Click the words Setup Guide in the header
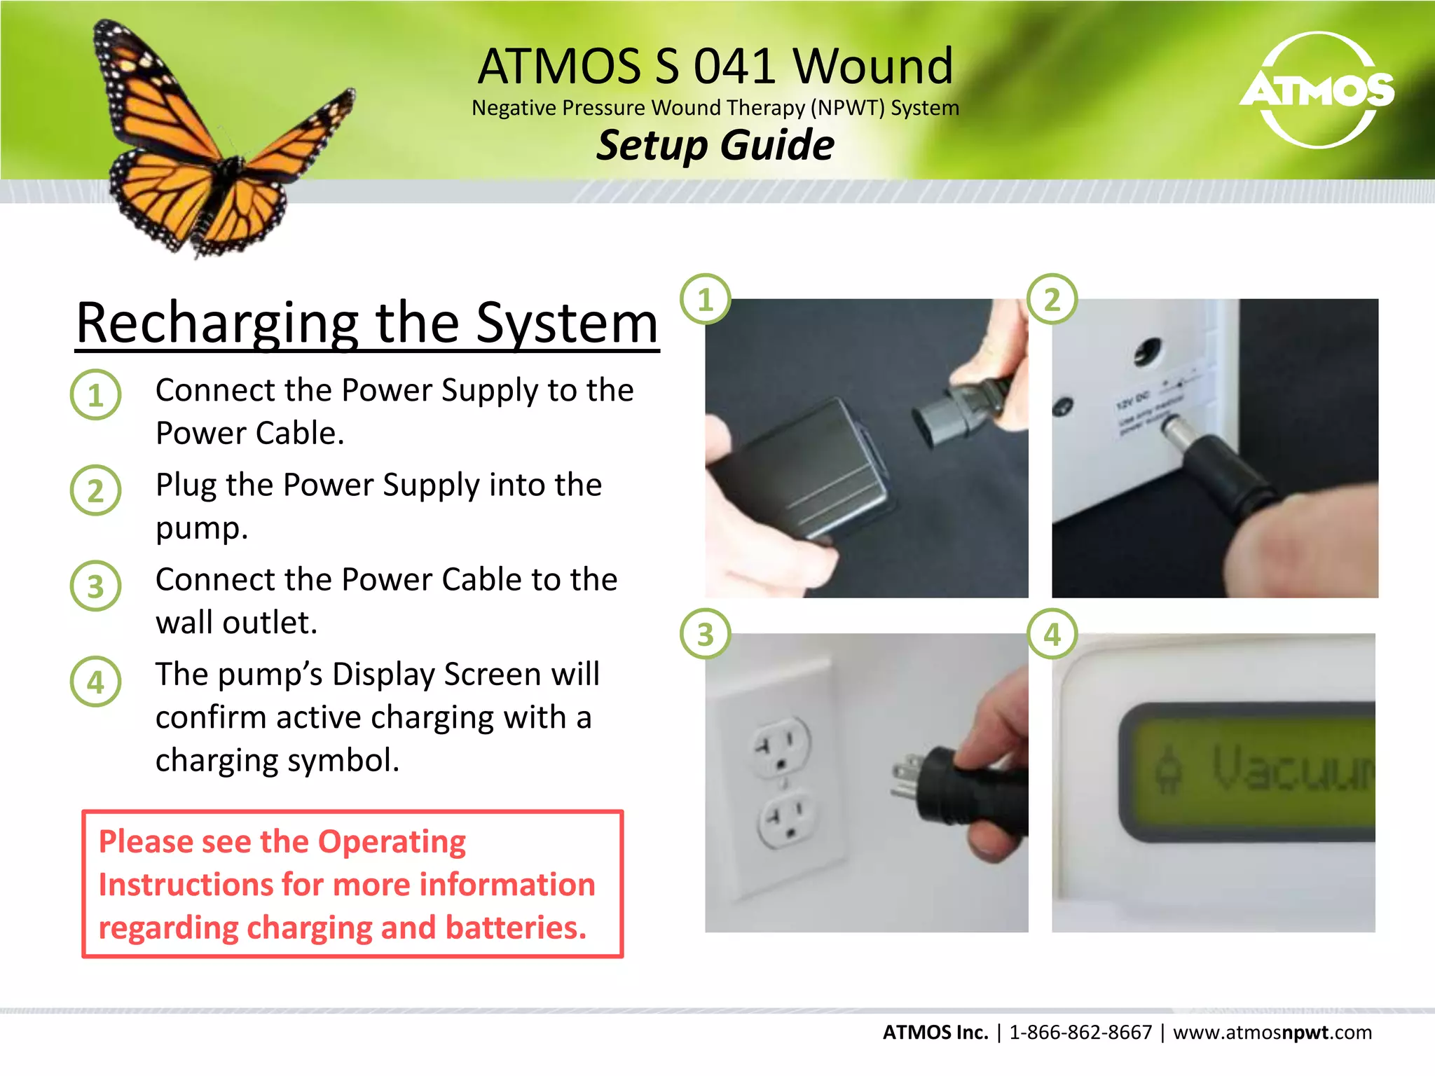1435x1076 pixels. pyautogui.click(x=715, y=145)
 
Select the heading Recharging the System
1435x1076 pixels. pyautogui.click(x=367, y=323)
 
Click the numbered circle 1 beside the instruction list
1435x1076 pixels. pyautogui.click(x=96, y=395)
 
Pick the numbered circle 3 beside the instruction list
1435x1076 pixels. pyautogui.click(x=96, y=586)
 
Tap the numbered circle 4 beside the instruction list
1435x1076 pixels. pyautogui.click(x=96, y=682)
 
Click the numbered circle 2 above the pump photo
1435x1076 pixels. pyautogui.click(x=1052, y=299)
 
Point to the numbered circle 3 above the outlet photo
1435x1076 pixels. pyautogui.click(x=706, y=634)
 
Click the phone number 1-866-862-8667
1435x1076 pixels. pyautogui.click(x=1080, y=1032)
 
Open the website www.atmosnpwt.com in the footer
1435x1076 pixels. pyautogui.click(x=1272, y=1032)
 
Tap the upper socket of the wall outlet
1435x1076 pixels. pyautogui.click(x=780, y=746)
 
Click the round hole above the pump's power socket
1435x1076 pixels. pyautogui.click(x=1147, y=350)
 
